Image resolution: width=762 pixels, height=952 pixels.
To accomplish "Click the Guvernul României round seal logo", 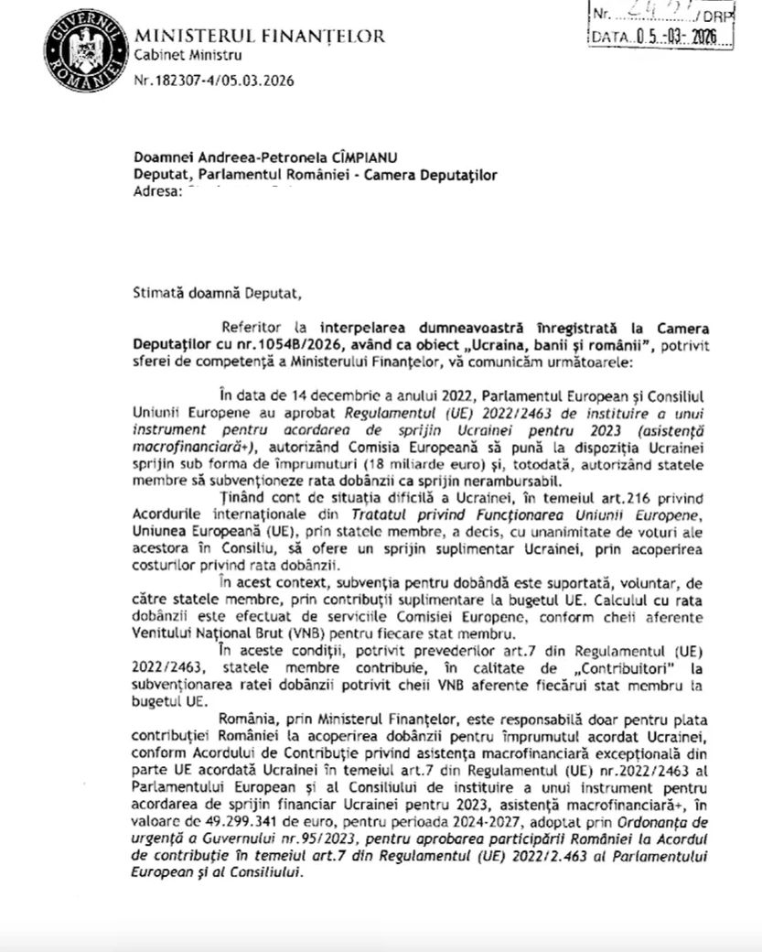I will (x=83, y=48).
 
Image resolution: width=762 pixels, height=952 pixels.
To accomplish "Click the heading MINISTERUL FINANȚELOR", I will (x=260, y=37).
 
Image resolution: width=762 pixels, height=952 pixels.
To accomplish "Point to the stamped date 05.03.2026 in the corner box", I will (x=678, y=38).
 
